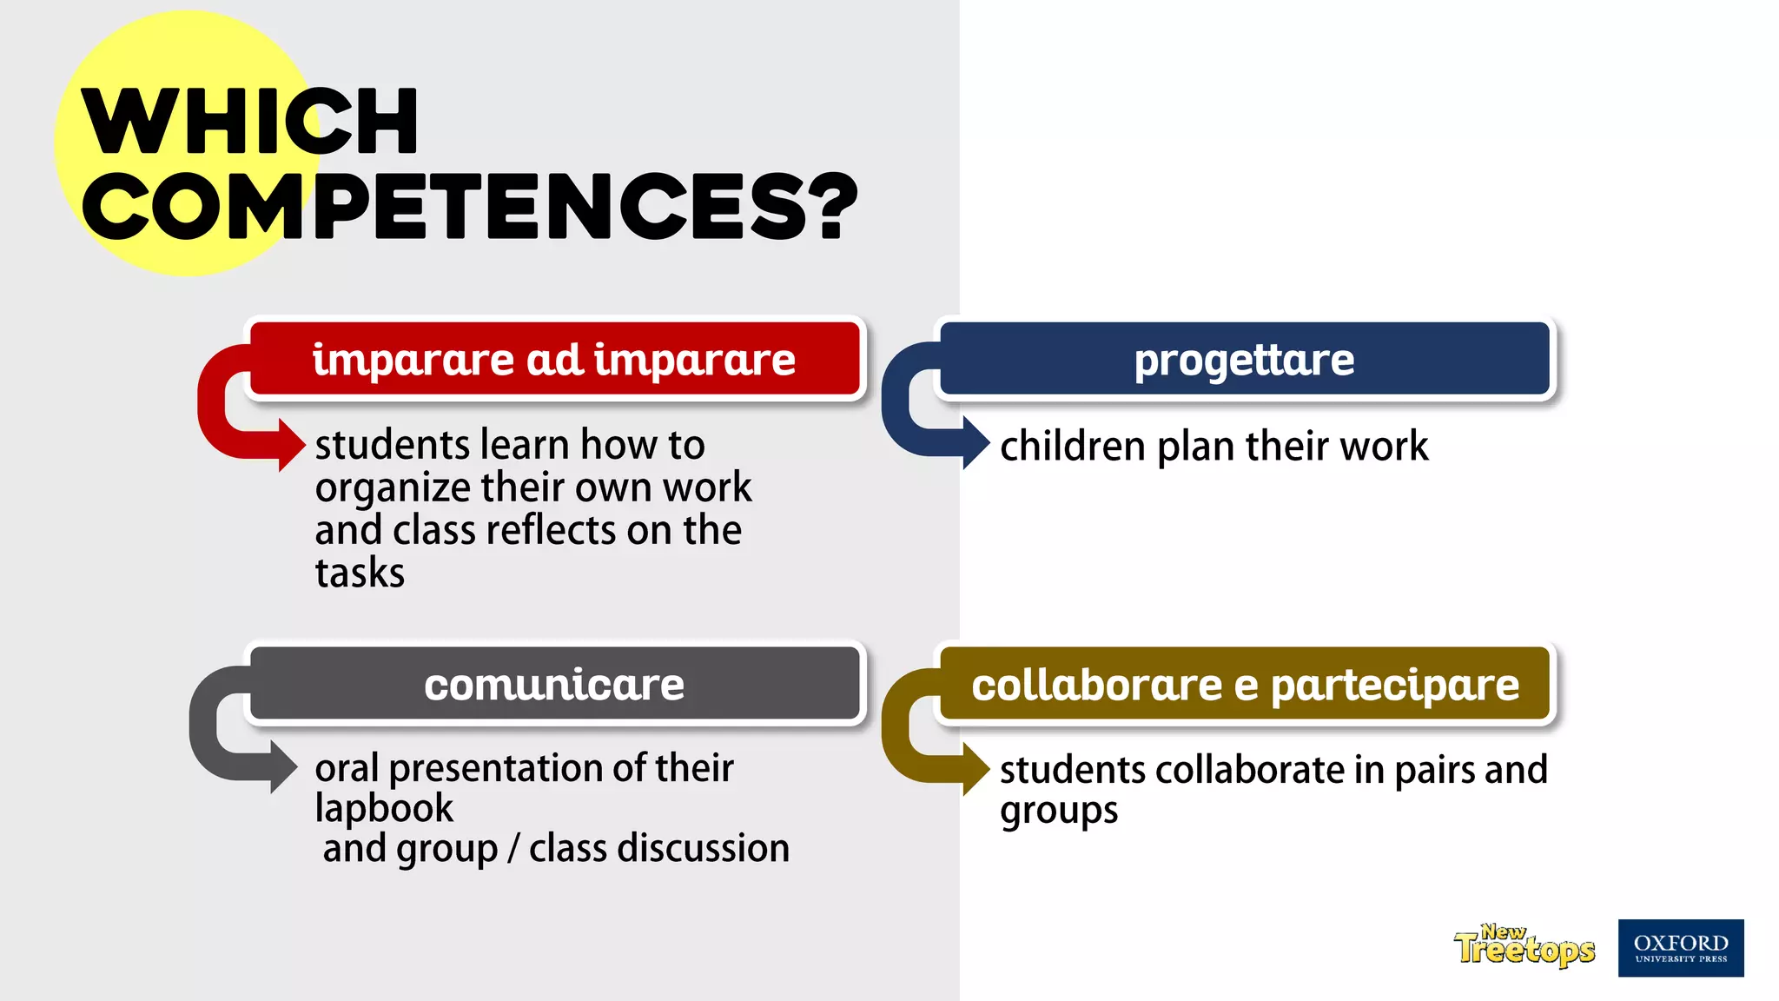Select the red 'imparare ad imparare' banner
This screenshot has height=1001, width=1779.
tap(554, 359)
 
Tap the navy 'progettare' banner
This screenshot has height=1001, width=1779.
tap(1244, 359)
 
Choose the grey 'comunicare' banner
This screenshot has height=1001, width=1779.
tap(554, 684)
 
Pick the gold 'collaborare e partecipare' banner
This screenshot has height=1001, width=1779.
tap(1245, 685)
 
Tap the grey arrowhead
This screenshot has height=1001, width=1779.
tap(283, 766)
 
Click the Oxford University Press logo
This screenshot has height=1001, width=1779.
tap(1680, 948)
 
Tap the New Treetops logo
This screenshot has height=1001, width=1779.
tap(1524, 946)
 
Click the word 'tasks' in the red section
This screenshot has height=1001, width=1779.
tap(360, 573)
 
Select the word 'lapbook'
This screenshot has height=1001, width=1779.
tap(384, 809)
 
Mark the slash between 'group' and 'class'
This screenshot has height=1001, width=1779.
tap(513, 849)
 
